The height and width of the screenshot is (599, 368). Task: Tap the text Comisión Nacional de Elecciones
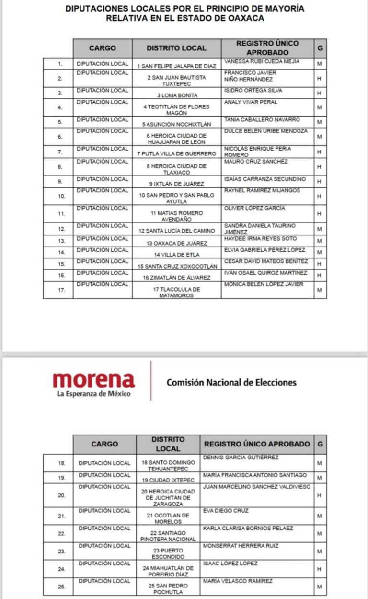pyautogui.click(x=231, y=382)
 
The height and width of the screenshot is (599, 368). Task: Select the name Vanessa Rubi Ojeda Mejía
pyautogui.click(x=262, y=61)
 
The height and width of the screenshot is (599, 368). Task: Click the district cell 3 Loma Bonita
pyautogui.click(x=176, y=95)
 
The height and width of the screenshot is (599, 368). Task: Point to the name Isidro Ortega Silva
pyautogui.click(x=253, y=90)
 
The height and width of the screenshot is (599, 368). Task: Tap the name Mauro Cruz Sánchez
pyautogui.click(x=256, y=162)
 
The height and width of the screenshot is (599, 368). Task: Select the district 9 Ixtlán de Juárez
pyautogui.click(x=176, y=184)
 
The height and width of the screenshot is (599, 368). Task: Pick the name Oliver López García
pyautogui.click(x=255, y=208)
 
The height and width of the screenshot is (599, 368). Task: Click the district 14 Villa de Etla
pyautogui.click(x=176, y=255)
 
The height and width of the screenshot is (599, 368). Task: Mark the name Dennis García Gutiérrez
pyautogui.click(x=241, y=458)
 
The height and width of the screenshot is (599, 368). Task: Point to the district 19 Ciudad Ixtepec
pyautogui.click(x=168, y=480)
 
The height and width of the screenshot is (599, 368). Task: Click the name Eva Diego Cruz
pyautogui.click(x=226, y=511)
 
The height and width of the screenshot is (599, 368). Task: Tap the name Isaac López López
pyautogui.click(x=230, y=563)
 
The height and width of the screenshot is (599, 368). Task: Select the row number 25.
pyautogui.click(x=61, y=587)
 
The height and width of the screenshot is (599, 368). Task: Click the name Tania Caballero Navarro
pyautogui.click(x=262, y=119)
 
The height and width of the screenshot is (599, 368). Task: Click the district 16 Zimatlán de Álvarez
pyautogui.click(x=176, y=278)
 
